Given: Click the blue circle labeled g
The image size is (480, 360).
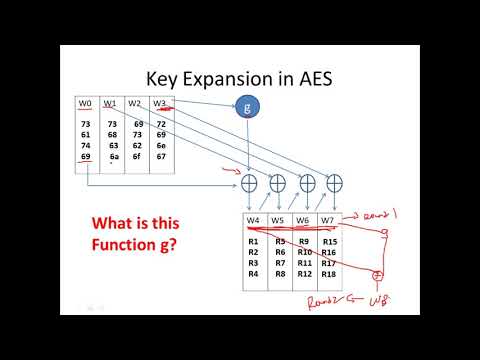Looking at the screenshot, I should coord(247,107).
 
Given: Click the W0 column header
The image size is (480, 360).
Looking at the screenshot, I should coord(87,103).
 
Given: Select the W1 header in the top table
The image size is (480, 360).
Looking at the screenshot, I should coord(112,103).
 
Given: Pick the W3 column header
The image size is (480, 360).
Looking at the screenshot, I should coord(161,103).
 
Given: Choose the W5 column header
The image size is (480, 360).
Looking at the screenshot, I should coord(279,220).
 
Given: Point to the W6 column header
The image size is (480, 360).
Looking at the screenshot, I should coord(303,220).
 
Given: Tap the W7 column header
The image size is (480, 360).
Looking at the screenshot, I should coord(327,220).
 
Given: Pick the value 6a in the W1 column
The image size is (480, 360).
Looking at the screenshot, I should coord(114,157).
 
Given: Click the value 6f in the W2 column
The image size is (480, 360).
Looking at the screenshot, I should coord(138,157).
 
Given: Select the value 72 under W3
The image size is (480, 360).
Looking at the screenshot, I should coord(162,124).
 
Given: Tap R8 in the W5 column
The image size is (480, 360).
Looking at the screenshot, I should coord(280,273).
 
